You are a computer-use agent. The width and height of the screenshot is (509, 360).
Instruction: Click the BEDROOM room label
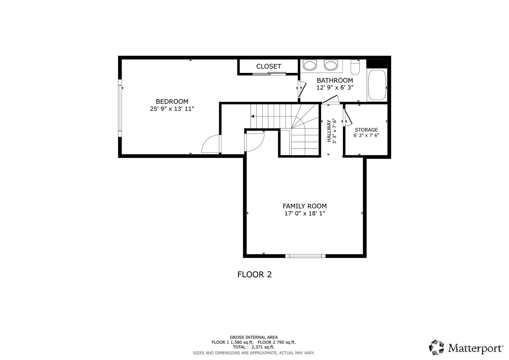click(172, 101)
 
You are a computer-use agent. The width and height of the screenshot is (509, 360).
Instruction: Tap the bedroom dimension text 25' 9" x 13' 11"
click(172, 109)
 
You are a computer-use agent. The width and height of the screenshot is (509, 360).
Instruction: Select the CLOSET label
click(269, 66)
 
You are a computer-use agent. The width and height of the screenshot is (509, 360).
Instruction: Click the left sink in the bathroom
click(310, 65)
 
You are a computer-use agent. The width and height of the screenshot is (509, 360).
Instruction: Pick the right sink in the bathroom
click(330, 65)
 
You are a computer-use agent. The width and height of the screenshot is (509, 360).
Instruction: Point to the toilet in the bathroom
click(355, 67)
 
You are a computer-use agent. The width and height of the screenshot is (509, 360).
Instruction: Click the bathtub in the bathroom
click(377, 85)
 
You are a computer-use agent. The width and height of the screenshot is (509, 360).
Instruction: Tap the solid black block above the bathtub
click(377, 64)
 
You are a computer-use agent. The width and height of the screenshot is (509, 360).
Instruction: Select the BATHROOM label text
click(335, 80)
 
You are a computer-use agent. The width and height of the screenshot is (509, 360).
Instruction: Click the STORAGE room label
click(366, 130)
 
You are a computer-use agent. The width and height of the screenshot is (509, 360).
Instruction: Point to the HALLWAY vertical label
click(329, 131)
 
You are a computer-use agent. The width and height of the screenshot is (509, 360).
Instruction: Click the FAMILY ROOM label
click(304, 206)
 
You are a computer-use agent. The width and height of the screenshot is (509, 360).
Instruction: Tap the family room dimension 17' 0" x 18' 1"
click(304, 213)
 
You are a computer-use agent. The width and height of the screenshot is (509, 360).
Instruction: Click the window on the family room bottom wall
click(305, 256)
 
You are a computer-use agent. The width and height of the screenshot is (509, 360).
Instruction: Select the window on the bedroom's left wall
click(120, 108)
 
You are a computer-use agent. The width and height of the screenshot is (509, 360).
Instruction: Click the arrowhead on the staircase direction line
click(252, 117)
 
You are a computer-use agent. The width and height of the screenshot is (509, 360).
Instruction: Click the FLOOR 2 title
click(254, 275)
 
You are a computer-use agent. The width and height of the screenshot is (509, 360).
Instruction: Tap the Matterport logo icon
click(437, 348)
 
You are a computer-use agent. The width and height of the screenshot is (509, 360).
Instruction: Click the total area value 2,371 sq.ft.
click(263, 347)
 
